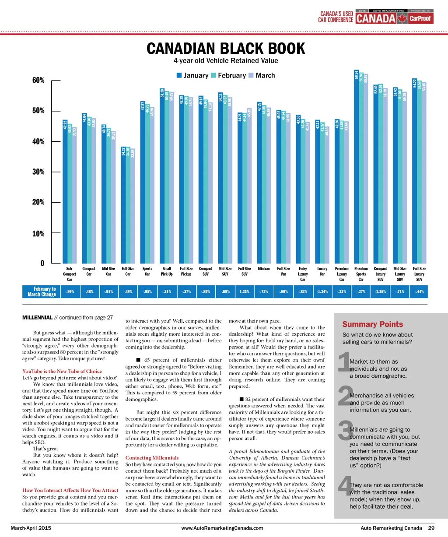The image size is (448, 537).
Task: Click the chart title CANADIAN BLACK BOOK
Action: [225, 48]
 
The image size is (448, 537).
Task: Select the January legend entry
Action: [192, 75]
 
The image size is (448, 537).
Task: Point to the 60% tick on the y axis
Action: [38, 81]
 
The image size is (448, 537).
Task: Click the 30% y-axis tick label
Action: [38, 172]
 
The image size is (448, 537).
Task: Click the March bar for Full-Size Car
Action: [133, 206]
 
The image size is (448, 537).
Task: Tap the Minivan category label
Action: [264, 269]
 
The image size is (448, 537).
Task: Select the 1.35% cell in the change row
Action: [244, 292]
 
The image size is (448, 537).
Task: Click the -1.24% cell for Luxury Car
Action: [322, 292]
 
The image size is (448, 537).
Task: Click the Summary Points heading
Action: [372, 324]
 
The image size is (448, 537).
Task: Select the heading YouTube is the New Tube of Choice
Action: [62, 371]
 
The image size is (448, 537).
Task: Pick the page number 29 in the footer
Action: [431, 528]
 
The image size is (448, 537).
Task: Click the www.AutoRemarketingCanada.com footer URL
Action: [222, 528]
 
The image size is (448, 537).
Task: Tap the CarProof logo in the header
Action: [420, 18]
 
